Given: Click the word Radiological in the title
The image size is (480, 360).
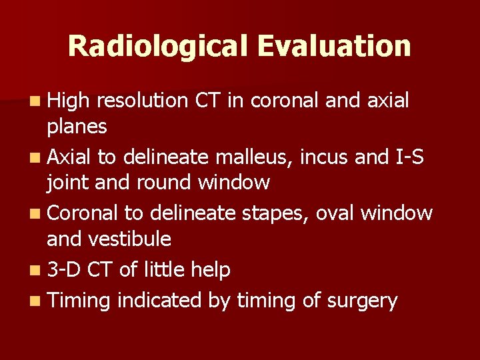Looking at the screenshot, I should click(157, 46).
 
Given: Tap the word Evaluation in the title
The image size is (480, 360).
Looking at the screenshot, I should click(333, 46).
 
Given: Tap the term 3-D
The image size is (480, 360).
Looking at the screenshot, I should click(65, 269).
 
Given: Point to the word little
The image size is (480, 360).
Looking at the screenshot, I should click(161, 269).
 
